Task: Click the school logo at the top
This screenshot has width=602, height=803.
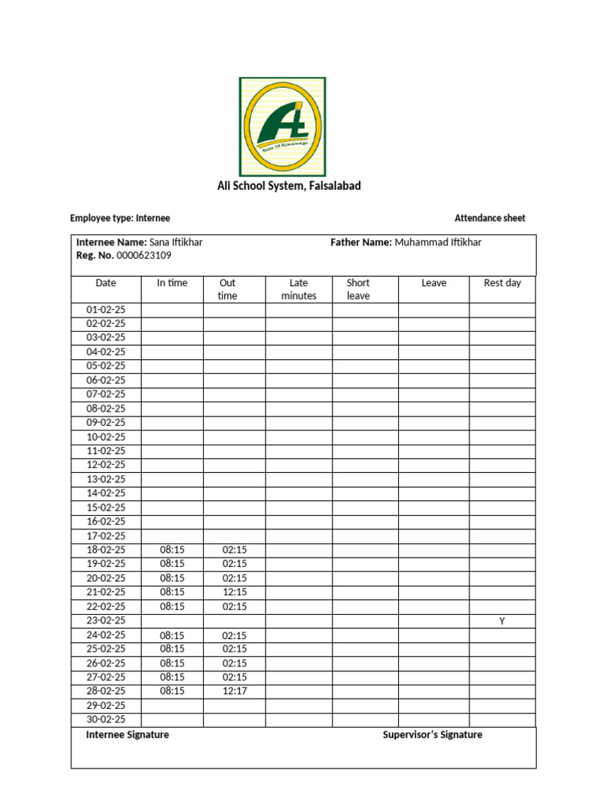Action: (282, 126)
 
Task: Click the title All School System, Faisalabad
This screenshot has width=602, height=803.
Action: (288, 186)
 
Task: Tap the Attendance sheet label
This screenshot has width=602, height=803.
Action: (490, 218)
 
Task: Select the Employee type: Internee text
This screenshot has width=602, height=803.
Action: (120, 218)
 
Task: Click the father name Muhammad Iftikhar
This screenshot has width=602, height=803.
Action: (438, 242)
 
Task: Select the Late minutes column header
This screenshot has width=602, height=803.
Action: (299, 289)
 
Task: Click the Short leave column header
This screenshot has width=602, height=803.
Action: (358, 289)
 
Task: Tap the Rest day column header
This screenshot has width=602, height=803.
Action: (502, 283)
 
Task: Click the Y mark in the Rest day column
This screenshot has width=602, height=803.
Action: (502, 621)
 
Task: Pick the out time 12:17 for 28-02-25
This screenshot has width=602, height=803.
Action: (234, 691)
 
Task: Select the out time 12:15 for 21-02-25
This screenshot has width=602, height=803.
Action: (234, 592)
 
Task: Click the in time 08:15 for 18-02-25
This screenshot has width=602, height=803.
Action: (172, 550)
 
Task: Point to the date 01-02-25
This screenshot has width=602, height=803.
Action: (106, 310)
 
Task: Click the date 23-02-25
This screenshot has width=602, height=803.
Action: (106, 621)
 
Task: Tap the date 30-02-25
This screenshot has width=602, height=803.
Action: (106, 719)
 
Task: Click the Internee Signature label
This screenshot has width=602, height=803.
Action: (127, 735)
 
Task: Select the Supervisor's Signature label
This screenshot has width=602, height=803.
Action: (432, 735)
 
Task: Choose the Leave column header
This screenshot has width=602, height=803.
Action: (433, 283)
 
